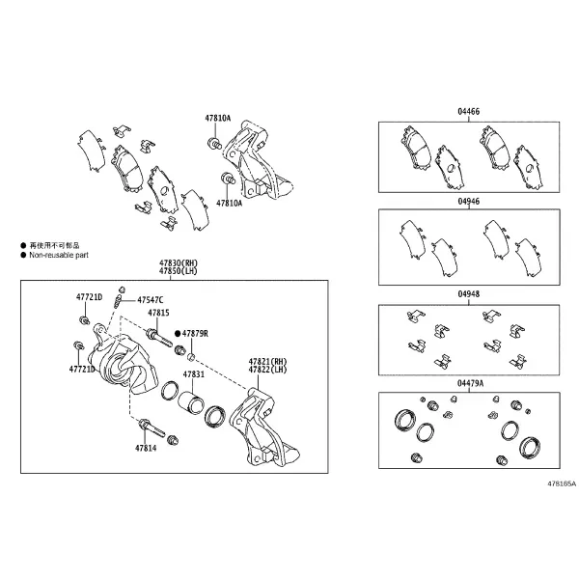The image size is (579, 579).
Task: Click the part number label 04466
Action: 469,112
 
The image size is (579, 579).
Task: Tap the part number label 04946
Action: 469,202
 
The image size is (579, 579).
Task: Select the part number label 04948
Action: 469,294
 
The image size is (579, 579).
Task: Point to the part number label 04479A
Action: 470,383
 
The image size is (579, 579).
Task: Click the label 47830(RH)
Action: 179,263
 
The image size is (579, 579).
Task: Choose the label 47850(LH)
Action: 179,271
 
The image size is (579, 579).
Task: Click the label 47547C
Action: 151,300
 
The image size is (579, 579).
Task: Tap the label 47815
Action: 158,313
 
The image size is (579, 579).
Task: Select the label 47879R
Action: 195,334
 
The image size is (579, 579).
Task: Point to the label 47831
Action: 194,374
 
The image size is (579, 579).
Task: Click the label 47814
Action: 146,449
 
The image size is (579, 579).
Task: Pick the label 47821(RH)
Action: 267,362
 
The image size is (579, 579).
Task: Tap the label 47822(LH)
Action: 267,370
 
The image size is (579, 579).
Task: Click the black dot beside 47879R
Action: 178,334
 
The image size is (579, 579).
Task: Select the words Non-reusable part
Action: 59,255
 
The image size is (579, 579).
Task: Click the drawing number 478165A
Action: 562,483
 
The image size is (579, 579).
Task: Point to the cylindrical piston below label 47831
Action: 190,401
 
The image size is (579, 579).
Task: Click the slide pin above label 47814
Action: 152,427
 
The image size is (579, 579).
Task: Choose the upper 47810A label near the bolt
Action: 218,118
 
